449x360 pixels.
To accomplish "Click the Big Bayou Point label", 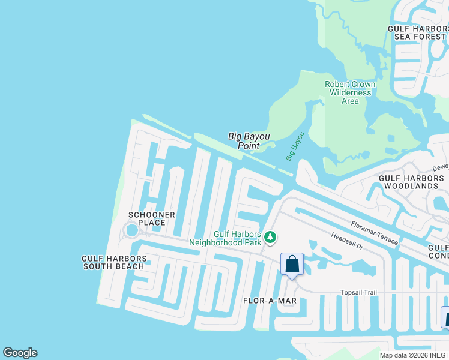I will click(249, 141).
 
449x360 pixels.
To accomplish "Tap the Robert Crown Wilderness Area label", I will click(350, 92).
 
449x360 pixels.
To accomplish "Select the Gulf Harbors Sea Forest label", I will click(418, 32).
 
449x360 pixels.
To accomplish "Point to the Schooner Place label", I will click(152, 218).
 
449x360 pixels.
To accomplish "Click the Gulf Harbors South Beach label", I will click(114, 262).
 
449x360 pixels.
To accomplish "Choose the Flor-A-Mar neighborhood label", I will click(270, 300).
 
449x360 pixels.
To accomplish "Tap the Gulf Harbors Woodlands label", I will click(413, 182).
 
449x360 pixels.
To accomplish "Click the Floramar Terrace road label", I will click(375, 232).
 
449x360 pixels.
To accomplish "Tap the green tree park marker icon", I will click(270, 238).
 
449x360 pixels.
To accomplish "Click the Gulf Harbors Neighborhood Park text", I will click(225, 239).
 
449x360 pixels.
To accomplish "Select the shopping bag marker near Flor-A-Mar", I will click(292, 265).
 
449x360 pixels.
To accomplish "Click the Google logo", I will click(20, 353).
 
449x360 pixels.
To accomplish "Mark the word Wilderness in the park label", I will click(350, 92).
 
